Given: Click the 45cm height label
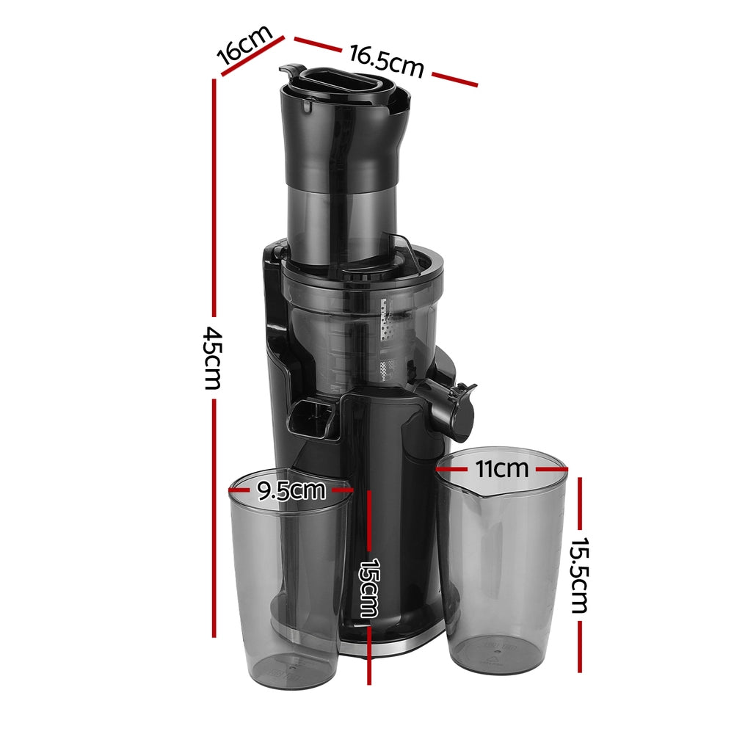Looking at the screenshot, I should point(214,359).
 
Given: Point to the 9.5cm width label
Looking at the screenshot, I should point(291,490).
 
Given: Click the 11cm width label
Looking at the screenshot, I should point(501,468).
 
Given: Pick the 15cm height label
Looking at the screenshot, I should point(369,587).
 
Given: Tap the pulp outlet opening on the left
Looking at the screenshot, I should point(308,418).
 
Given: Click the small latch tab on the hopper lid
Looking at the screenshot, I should point(290,70).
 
